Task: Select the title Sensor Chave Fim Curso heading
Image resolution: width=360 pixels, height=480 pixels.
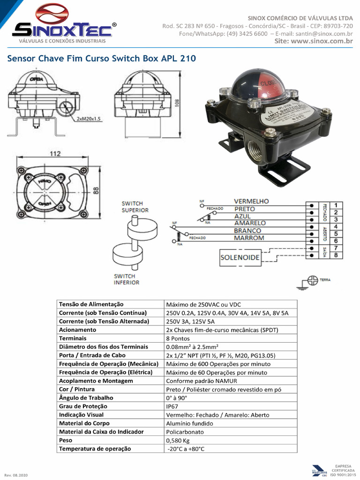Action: tap(100, 59)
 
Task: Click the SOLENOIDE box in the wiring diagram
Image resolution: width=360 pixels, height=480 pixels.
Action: tap(240, 258)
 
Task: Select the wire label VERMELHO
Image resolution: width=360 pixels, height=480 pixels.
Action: tap(251, 201)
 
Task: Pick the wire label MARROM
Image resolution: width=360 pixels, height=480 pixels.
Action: tap(249, 238)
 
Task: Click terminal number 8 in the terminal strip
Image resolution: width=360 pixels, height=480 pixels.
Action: tap(336, 255)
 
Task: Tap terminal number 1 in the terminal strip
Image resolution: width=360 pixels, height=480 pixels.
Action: tap(336, 205)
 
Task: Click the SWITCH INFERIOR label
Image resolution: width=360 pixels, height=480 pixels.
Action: tap(127, 279)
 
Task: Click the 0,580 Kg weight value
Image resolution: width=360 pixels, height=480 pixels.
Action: tap(178, 441)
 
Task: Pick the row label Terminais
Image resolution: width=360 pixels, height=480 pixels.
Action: tap(73, 338)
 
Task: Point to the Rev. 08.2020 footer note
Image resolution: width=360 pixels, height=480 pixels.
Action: tap(16, 475)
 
